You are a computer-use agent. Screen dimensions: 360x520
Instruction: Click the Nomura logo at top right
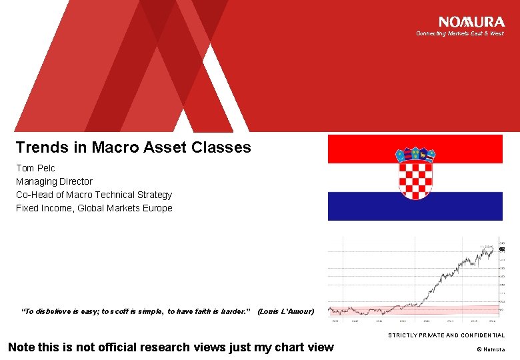[x=471, y=22]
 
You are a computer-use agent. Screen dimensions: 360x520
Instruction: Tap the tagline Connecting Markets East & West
[x=459, y=33]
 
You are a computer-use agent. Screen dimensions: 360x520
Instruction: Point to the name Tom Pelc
[x=35, y=168]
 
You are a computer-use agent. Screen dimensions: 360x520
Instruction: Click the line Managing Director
[x=54, y=181]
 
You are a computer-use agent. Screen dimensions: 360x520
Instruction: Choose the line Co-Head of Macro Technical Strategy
[x=94, y=195]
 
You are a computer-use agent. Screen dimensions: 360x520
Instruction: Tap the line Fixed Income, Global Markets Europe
[x=94, y=208]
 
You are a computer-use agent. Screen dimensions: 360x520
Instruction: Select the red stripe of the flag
[x=360, y=148]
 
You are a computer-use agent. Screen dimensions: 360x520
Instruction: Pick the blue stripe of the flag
[x=360, y=207]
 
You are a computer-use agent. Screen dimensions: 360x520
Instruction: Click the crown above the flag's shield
[x=415, y=155]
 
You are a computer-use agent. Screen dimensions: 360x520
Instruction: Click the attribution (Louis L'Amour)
[x=285, y=311]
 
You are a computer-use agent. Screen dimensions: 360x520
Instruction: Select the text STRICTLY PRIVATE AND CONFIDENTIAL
[x=446, y=335]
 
